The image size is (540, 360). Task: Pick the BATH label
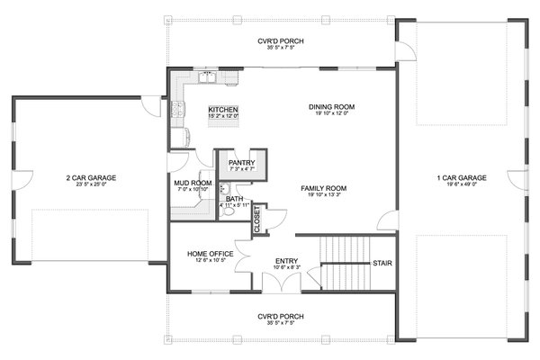point(234,199)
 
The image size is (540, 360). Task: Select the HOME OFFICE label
point(211,254)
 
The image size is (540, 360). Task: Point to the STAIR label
point(382,264)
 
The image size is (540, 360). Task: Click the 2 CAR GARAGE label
point(90,178)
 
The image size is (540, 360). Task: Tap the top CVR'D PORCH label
point(279,40)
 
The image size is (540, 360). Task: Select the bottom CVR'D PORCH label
point(279,317)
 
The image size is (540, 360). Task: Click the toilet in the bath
point(229,213)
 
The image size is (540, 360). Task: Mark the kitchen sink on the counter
point(208,83)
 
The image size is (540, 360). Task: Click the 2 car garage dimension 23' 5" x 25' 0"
point(90,186)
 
